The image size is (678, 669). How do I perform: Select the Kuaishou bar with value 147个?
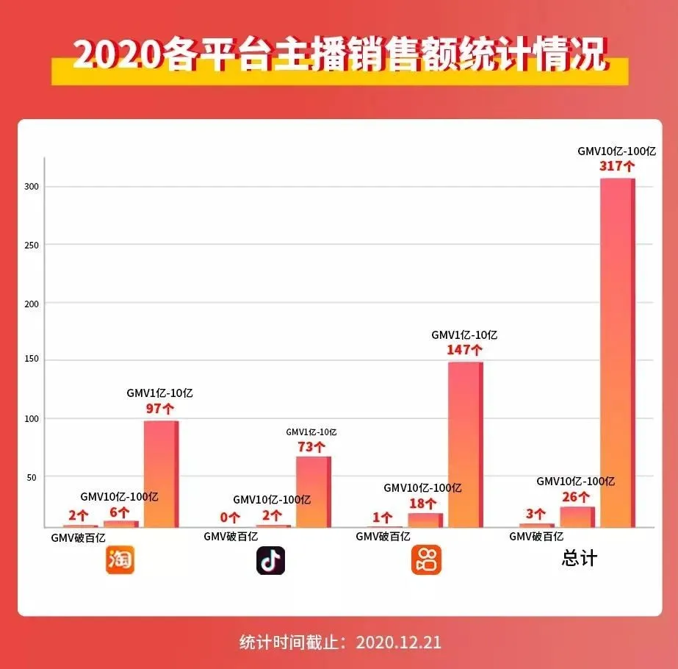tap(465, 445)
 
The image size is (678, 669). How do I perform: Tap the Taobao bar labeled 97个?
tap(161, 474)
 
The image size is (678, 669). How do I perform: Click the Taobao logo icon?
tap(120, 560)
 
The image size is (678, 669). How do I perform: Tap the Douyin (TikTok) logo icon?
tap(270, 560)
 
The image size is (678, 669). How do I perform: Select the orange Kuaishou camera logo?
tap(426, 560)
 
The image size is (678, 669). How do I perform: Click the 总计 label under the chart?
tap(580, 558)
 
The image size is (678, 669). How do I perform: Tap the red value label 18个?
tap(424, 504)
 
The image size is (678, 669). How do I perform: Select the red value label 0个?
tap(230, 518)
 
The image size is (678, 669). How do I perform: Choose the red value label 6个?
tap(120, 512)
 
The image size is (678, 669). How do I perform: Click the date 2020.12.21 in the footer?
tap(399, 642)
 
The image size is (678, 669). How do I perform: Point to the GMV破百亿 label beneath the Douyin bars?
tap(231, 537)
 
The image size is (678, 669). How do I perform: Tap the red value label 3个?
tap(535, 514)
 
